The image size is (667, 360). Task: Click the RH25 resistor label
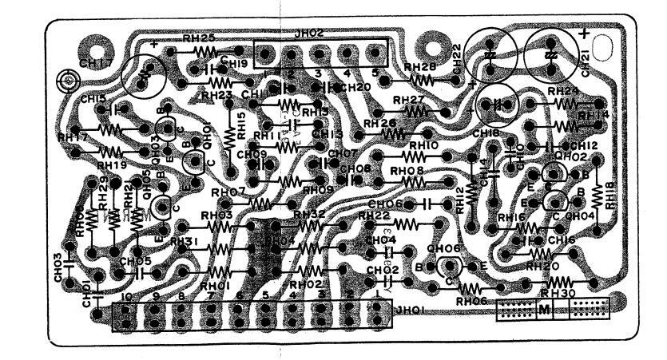(x=198, y=38)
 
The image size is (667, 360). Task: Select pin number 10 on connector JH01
(x=126, y=296)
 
